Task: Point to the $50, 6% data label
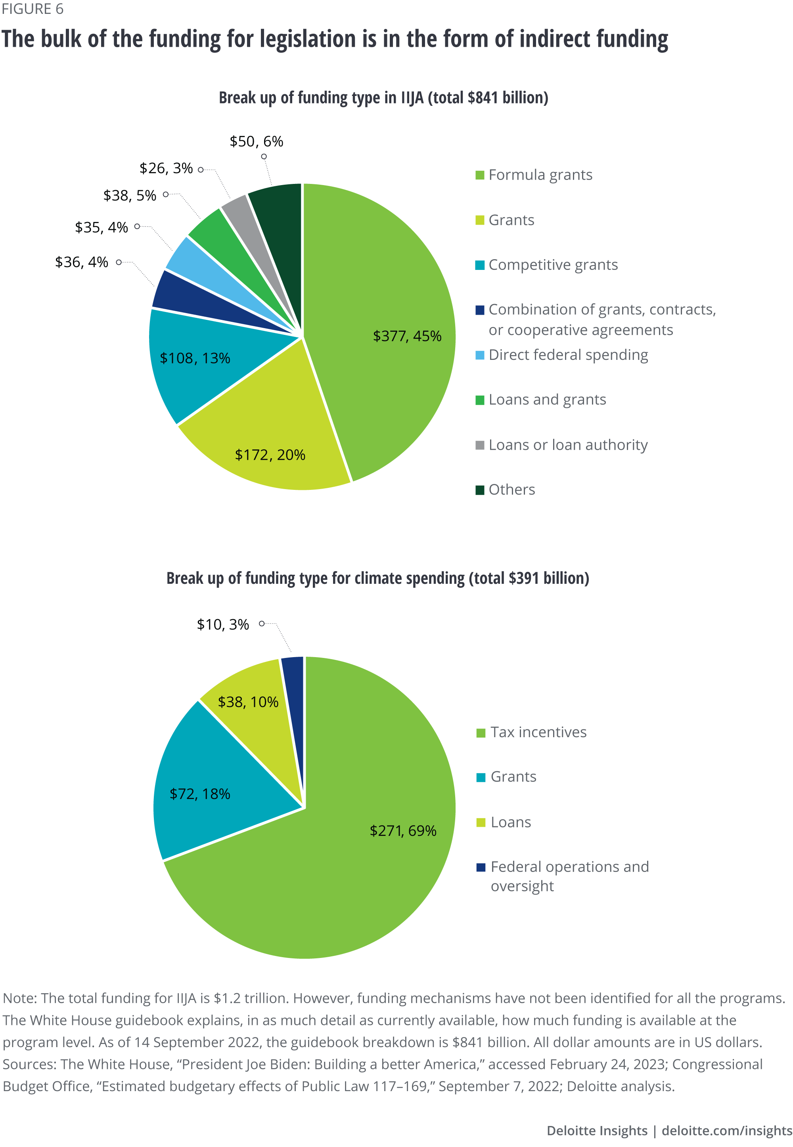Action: point(257,141)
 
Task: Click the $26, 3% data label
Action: point(166,168)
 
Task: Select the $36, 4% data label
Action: point(82,262)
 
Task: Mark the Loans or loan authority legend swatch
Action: point(480,445)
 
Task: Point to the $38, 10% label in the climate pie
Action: point(248,702)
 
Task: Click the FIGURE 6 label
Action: point(32,9)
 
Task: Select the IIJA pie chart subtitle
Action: point(383,98)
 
